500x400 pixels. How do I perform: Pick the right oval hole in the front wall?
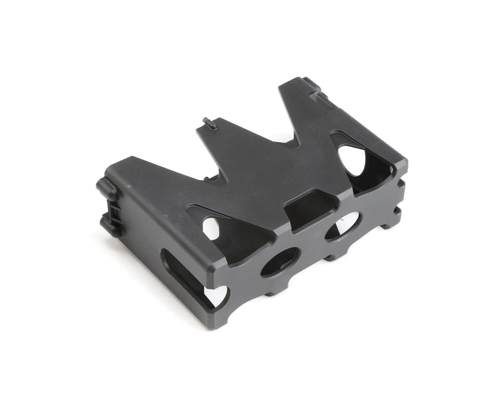click(x=342, y=226)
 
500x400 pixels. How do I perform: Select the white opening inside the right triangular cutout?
click(x=352, y=160)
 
